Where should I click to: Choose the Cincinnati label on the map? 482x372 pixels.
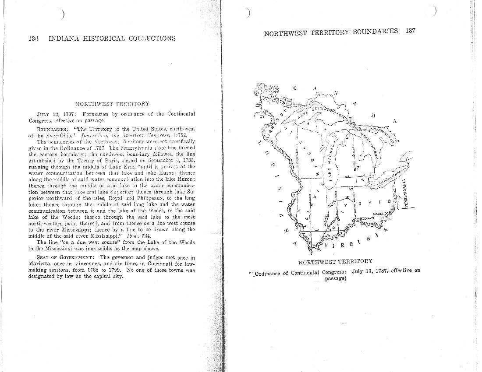click(367, 218)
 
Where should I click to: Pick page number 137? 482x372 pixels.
click(410, 31)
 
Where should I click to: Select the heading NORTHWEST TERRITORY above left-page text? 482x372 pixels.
click(113, 104)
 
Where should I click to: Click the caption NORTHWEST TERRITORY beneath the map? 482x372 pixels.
click(335, 262)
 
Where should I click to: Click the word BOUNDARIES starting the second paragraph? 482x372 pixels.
click(51, 129)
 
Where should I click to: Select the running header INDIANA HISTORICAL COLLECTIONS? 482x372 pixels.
click(112, 39)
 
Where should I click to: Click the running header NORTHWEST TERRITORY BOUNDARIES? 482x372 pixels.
click(331, 32)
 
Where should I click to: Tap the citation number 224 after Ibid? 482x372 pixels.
click(146, 235)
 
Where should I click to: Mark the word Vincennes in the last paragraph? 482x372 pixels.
click(93, 264)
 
